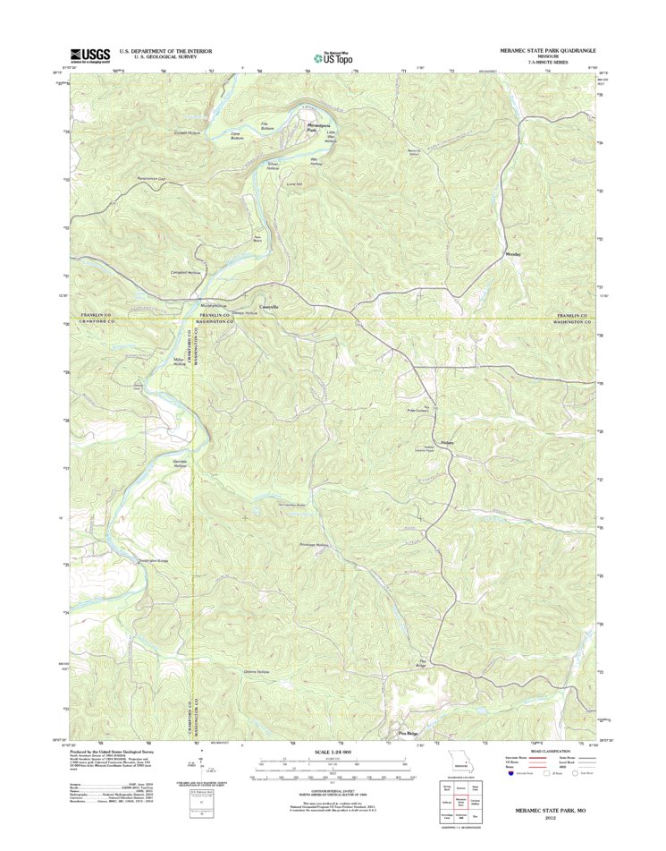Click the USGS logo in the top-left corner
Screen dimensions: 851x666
pyautogui.click(x=89, y=55)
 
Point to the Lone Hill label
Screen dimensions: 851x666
pyautogui.click(x=294, y=185)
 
